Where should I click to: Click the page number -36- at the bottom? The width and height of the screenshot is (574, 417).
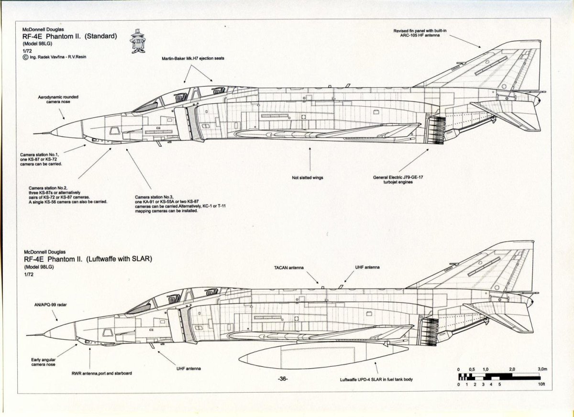[x=282, y=379]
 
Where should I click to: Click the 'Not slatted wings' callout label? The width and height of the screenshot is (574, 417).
[x=307, y=177]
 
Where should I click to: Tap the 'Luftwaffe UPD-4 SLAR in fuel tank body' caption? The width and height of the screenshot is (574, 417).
[x=376, y=379]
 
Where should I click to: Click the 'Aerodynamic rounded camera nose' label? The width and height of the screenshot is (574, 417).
[x=58, y=99]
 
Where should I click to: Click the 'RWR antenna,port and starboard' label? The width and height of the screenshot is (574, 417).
[x=98, y=373]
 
